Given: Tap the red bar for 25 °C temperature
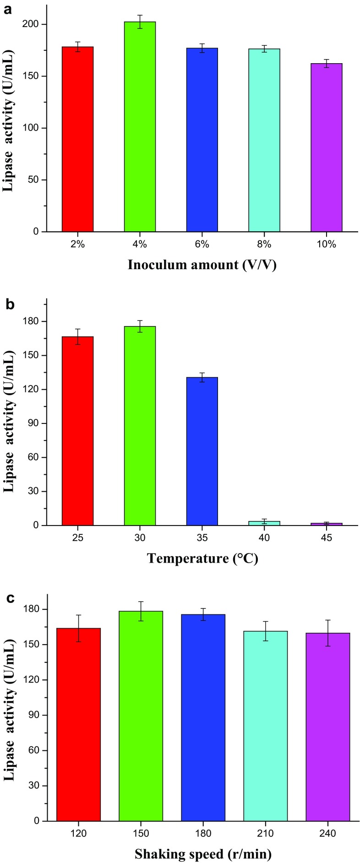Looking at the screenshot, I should tap(77, 431).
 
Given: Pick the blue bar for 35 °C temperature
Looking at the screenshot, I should tap(202, 451).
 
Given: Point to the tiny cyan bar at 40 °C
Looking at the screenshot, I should tap(264, 523).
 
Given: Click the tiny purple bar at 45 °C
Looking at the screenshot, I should tap(326, 524).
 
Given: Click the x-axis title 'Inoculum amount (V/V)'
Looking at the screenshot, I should tap(202, 265).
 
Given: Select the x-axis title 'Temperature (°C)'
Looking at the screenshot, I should tap(202, 559).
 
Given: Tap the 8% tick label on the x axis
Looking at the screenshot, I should tap(264, 244).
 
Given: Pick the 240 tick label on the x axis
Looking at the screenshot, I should tap(327, 833).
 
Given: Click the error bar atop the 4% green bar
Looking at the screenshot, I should tap(140, 22).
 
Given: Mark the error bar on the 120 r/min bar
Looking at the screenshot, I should tap(78, 628).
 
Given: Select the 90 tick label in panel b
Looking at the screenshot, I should tap(32, 423).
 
